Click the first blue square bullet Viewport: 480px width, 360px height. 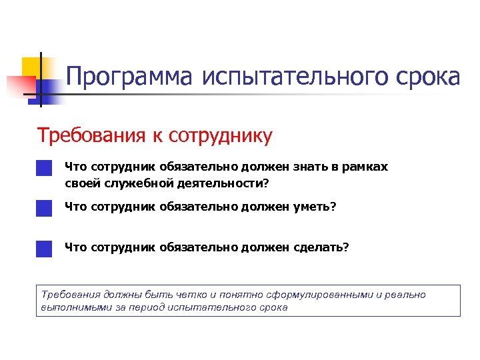tap(45, 167)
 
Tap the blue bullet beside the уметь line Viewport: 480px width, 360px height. tap(45, 208)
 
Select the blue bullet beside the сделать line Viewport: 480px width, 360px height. tap(45, 248)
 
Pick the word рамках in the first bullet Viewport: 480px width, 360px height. tap(366, 167)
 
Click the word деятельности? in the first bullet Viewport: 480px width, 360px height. tap(225, 183)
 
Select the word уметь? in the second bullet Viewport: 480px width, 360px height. tap(315, 207)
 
